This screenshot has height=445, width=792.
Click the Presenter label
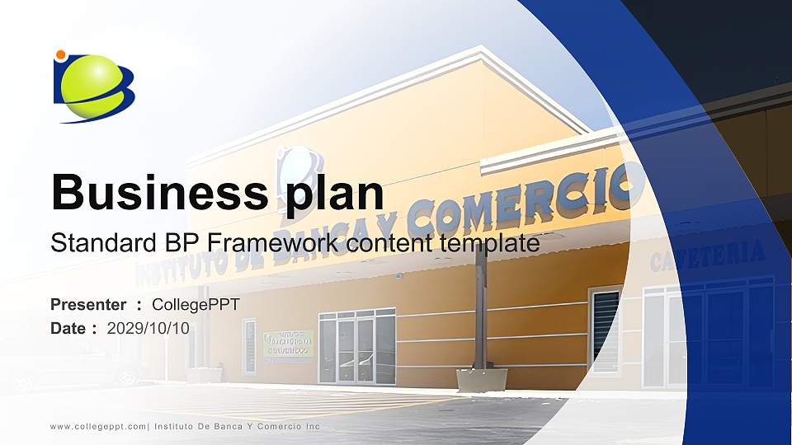(x=88, y=305)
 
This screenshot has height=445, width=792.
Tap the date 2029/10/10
(x=148, y=328)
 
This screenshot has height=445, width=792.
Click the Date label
(x=69, y=328)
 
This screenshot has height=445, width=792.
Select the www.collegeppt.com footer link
(x=98, y=426)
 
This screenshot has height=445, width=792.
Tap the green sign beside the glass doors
(x=288, y=344)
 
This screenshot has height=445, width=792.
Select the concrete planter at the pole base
(x=482, y=379)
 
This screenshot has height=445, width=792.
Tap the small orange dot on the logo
(x=60, y=55)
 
